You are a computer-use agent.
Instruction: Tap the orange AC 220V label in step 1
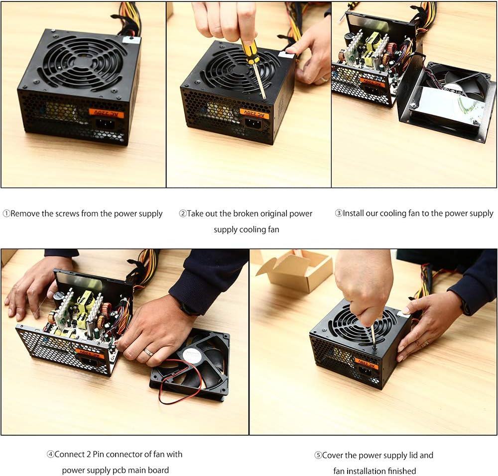click(106, 113)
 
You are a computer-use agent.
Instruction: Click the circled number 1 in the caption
click(6, 214)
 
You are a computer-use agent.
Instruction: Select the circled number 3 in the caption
click(339, 213)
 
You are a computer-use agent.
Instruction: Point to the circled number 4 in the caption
click(50, 455)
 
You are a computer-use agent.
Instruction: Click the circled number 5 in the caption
click(318, 456)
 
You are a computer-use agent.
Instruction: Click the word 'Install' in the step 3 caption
click(353, 213)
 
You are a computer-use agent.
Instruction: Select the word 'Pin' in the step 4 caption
click(99, 454)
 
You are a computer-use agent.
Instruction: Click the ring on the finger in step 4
click(148, 352)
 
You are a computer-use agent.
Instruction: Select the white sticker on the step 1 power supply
click(131, 40)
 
